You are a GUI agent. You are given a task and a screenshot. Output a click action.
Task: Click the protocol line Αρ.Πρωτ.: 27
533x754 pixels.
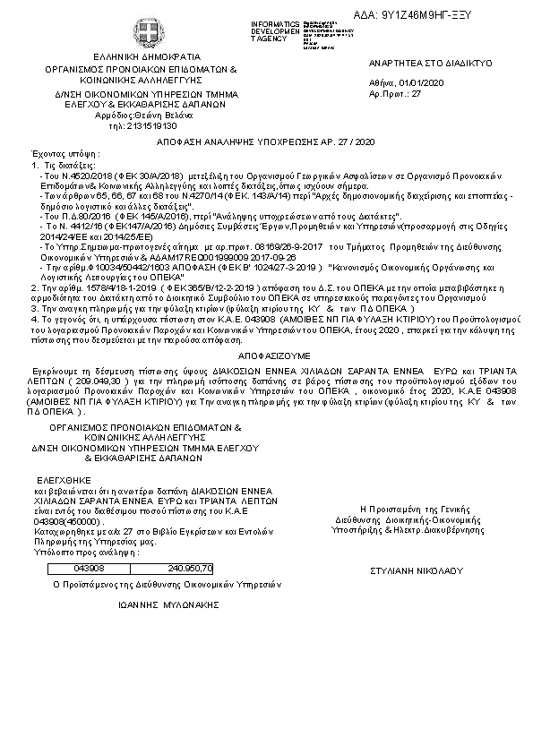click(395, 92)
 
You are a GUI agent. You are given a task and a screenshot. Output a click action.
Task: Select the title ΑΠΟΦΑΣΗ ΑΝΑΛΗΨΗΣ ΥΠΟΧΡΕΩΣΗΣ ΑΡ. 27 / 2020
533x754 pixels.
click(265, 142)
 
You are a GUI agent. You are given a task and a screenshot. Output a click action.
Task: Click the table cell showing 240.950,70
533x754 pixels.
click(190, 568)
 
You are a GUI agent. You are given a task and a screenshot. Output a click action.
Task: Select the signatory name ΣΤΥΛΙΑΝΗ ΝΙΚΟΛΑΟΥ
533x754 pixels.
click(415, 570)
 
